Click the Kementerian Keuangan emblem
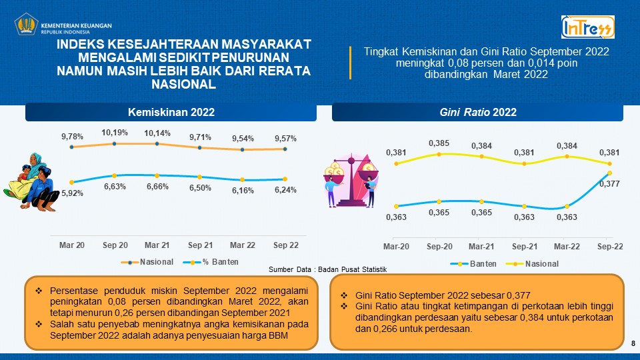pyautogui.click(x=26, y=26)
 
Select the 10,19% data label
pyautogui.click(x=115, y=132)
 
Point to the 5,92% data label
pyautogui.click(x=72, y=194)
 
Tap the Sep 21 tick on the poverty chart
pyautogui.click(x=200, y=245)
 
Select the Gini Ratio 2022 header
pyautogui.click(x=478, y=112)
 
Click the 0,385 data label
pyautogui.click(x=439, y=143)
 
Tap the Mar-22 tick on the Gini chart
pyautogui.click(x=567, y=247)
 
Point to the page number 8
pyautogui.click(x=632, y=343)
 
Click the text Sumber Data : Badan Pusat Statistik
pyautogui.click(x=327, y=269)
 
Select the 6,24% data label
pyautogui.click(x=285, y=189)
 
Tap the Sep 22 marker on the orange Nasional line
pyautogui.click(x=285, y=149)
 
